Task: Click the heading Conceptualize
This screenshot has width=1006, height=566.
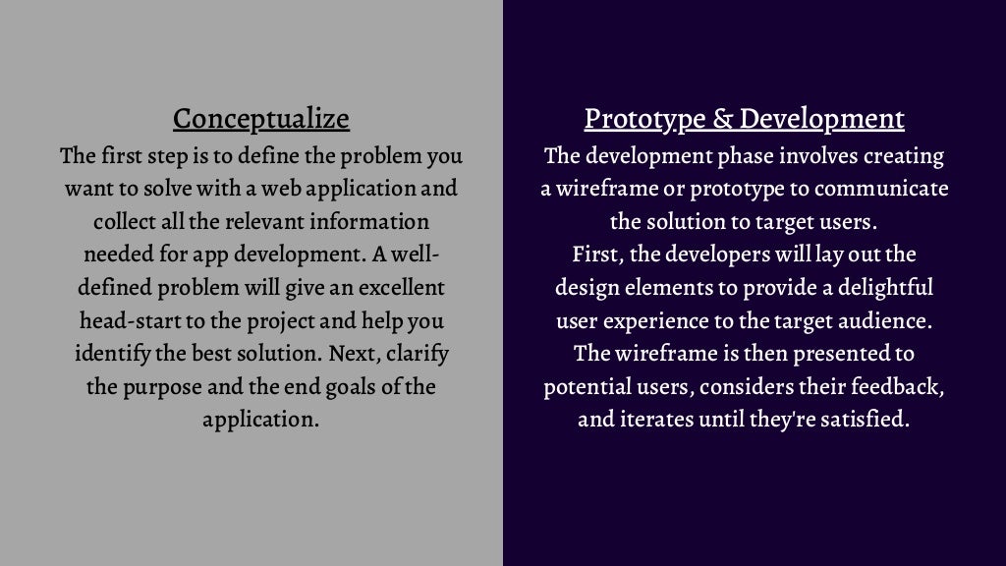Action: point(260,119)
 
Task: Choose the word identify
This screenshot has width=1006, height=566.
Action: point(109,355)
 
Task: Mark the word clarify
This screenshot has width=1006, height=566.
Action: point(417,355)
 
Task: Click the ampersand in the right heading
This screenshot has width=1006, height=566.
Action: point(723,119)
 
